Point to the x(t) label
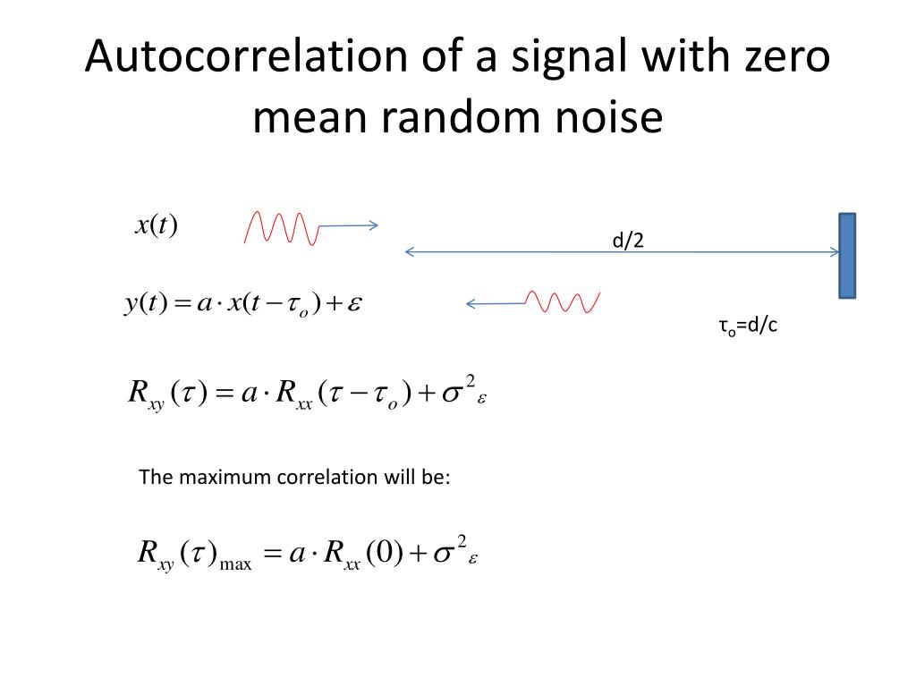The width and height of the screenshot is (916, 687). tap(157, 225)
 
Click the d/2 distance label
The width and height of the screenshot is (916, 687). tap(628, 240)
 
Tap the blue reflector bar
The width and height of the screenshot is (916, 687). tap(847, 255)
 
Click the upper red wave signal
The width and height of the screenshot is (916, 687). tap(281, 227)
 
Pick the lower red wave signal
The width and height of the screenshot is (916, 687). tap(563, 302)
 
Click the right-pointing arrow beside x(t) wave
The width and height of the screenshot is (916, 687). tap(349, 226)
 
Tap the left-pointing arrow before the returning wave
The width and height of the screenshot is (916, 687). tap(495, 304)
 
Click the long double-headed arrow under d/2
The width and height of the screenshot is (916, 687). tap(622, 252)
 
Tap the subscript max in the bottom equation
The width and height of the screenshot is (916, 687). tap(236, 564)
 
